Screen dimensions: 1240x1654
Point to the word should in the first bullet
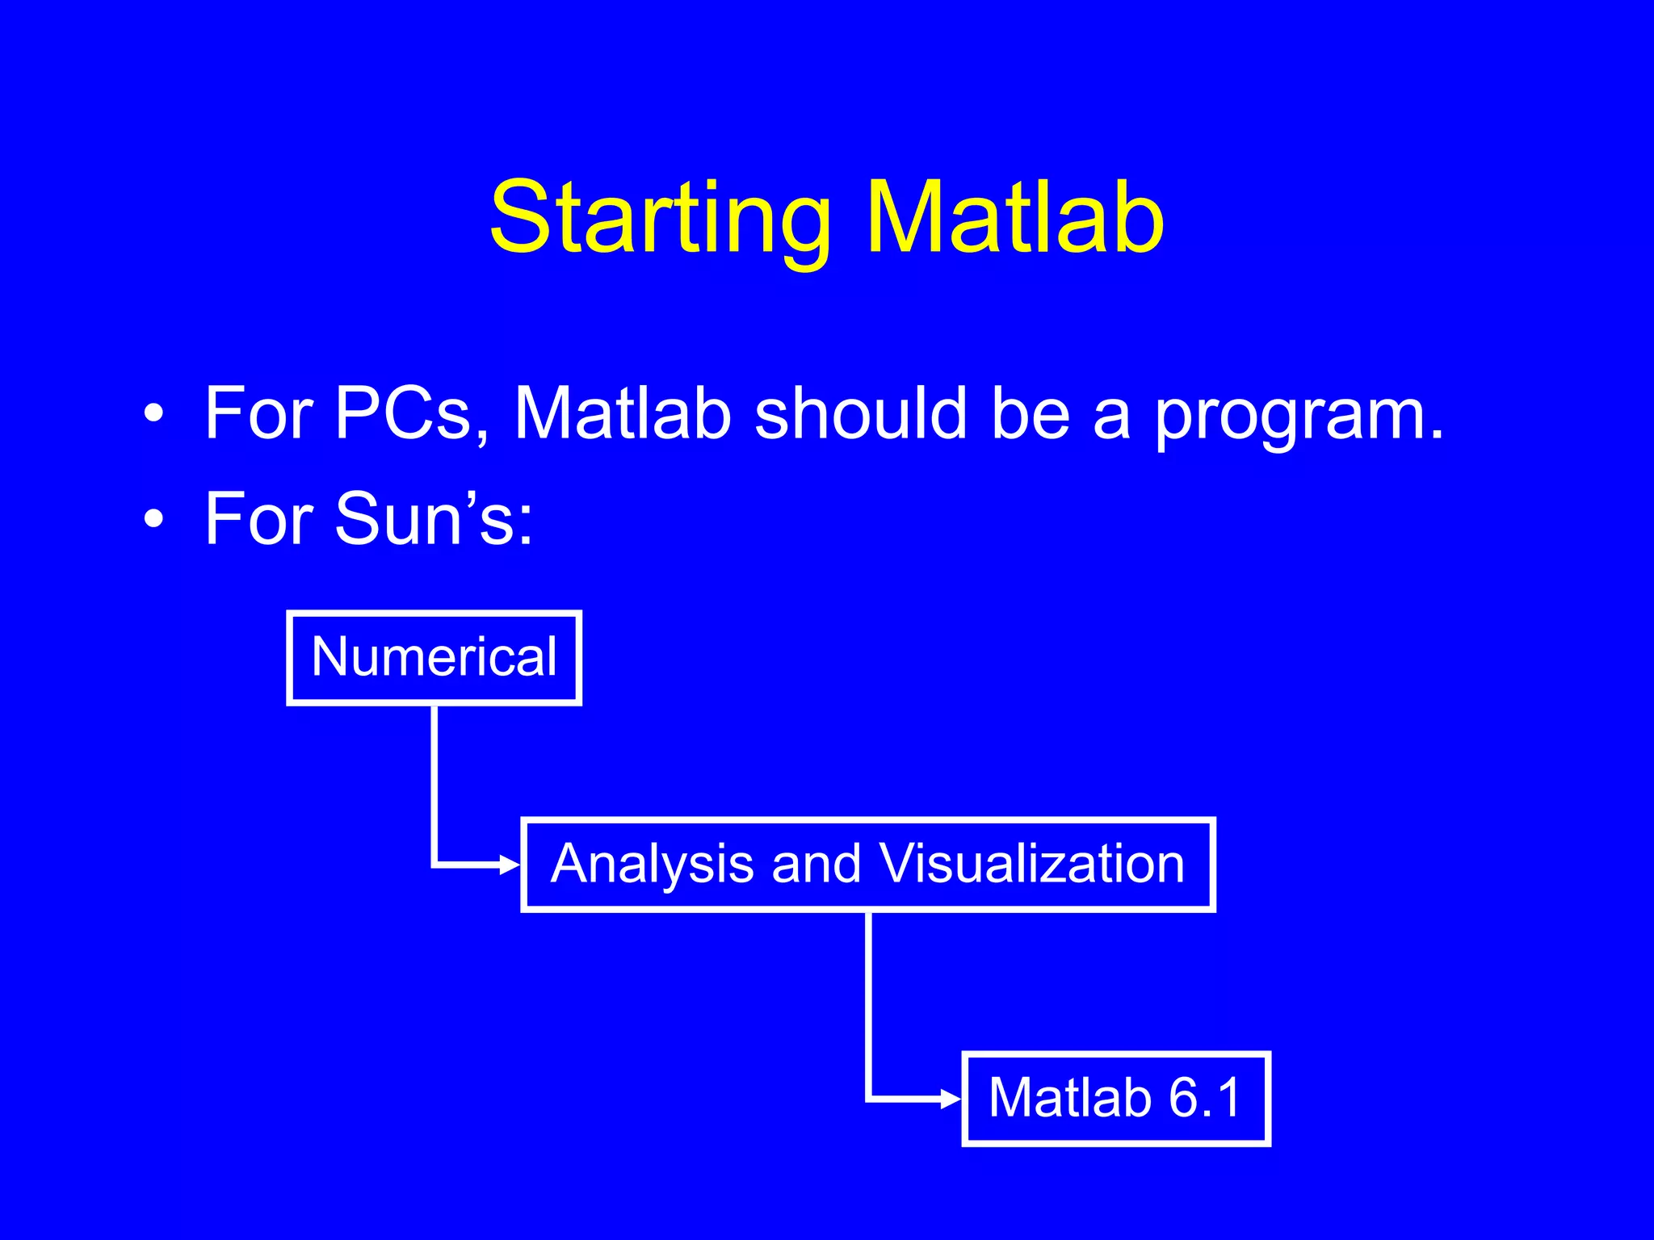tap(860, 413)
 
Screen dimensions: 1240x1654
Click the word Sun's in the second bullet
tap(433, 518)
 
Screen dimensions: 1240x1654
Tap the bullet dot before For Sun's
tap(153, 521)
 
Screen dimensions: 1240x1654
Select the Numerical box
tap(434, 657)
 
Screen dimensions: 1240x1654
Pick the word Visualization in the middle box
tap(1031, 864)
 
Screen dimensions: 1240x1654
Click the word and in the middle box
tap(817, 864)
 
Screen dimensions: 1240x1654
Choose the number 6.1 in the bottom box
tap(1204, 1098)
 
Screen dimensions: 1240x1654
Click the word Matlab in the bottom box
tap(1070, 1098)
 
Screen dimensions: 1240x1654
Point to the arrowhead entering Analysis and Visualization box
tap(510, 865)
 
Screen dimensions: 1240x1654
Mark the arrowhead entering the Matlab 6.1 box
tap(951, 1099)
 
